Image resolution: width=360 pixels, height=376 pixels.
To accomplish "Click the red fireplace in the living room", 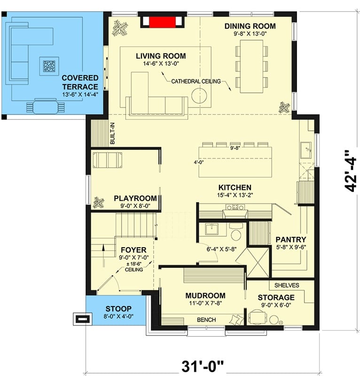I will (163, 22).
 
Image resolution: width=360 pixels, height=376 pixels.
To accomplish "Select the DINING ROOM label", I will (250, 26).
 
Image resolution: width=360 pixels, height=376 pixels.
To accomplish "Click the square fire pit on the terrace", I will (47, 66).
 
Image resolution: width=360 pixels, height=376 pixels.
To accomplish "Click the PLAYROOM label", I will (135, 198).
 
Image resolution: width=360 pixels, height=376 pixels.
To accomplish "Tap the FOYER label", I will (133, 250).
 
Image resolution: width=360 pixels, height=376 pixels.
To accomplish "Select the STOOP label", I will (118, 308).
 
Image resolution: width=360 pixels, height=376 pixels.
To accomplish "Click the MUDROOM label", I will (205, 296).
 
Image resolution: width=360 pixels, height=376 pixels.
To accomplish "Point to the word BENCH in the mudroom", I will (206, 320).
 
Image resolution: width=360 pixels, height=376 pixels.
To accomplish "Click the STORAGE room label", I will (276, 298).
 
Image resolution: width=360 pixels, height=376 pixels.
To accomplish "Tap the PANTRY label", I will (291, 239).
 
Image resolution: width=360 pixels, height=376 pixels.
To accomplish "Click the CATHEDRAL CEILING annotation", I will (196, 81).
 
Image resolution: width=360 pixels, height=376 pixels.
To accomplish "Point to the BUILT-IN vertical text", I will (112, 133).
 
